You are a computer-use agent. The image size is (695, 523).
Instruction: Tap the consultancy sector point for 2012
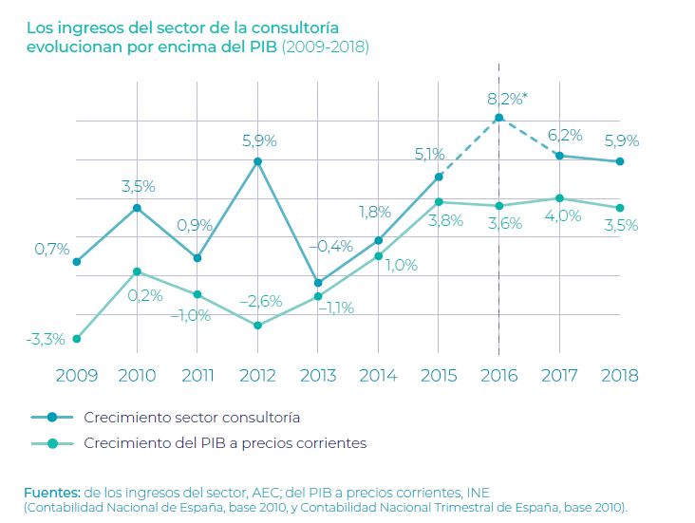(x=258, y=161)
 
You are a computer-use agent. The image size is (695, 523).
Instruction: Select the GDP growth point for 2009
(x=77, y=339)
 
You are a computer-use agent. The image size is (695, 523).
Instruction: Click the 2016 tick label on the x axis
(x=499, y=375)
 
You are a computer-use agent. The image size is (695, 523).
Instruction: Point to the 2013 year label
(x=318, y=375)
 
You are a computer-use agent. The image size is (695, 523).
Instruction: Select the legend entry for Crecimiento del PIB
(x=224, y=442)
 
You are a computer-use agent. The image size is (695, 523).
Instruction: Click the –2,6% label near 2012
(x=260, y=301)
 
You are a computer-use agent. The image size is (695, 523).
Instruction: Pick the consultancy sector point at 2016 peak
(x=499, y=118)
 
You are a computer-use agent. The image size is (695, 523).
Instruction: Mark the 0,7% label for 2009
(x=52, y=249)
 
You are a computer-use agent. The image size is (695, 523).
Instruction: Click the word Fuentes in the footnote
(x=52, y=492)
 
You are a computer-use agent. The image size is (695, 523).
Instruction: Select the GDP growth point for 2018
(x=620, y=208)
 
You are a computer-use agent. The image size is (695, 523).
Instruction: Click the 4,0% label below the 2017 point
(x=563, y=215)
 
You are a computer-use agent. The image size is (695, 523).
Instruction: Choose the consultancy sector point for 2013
(x=318, y=283)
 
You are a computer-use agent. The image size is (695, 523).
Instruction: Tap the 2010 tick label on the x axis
(x=138, y=375)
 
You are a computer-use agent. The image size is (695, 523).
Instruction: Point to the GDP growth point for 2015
(x=439, y=202)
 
